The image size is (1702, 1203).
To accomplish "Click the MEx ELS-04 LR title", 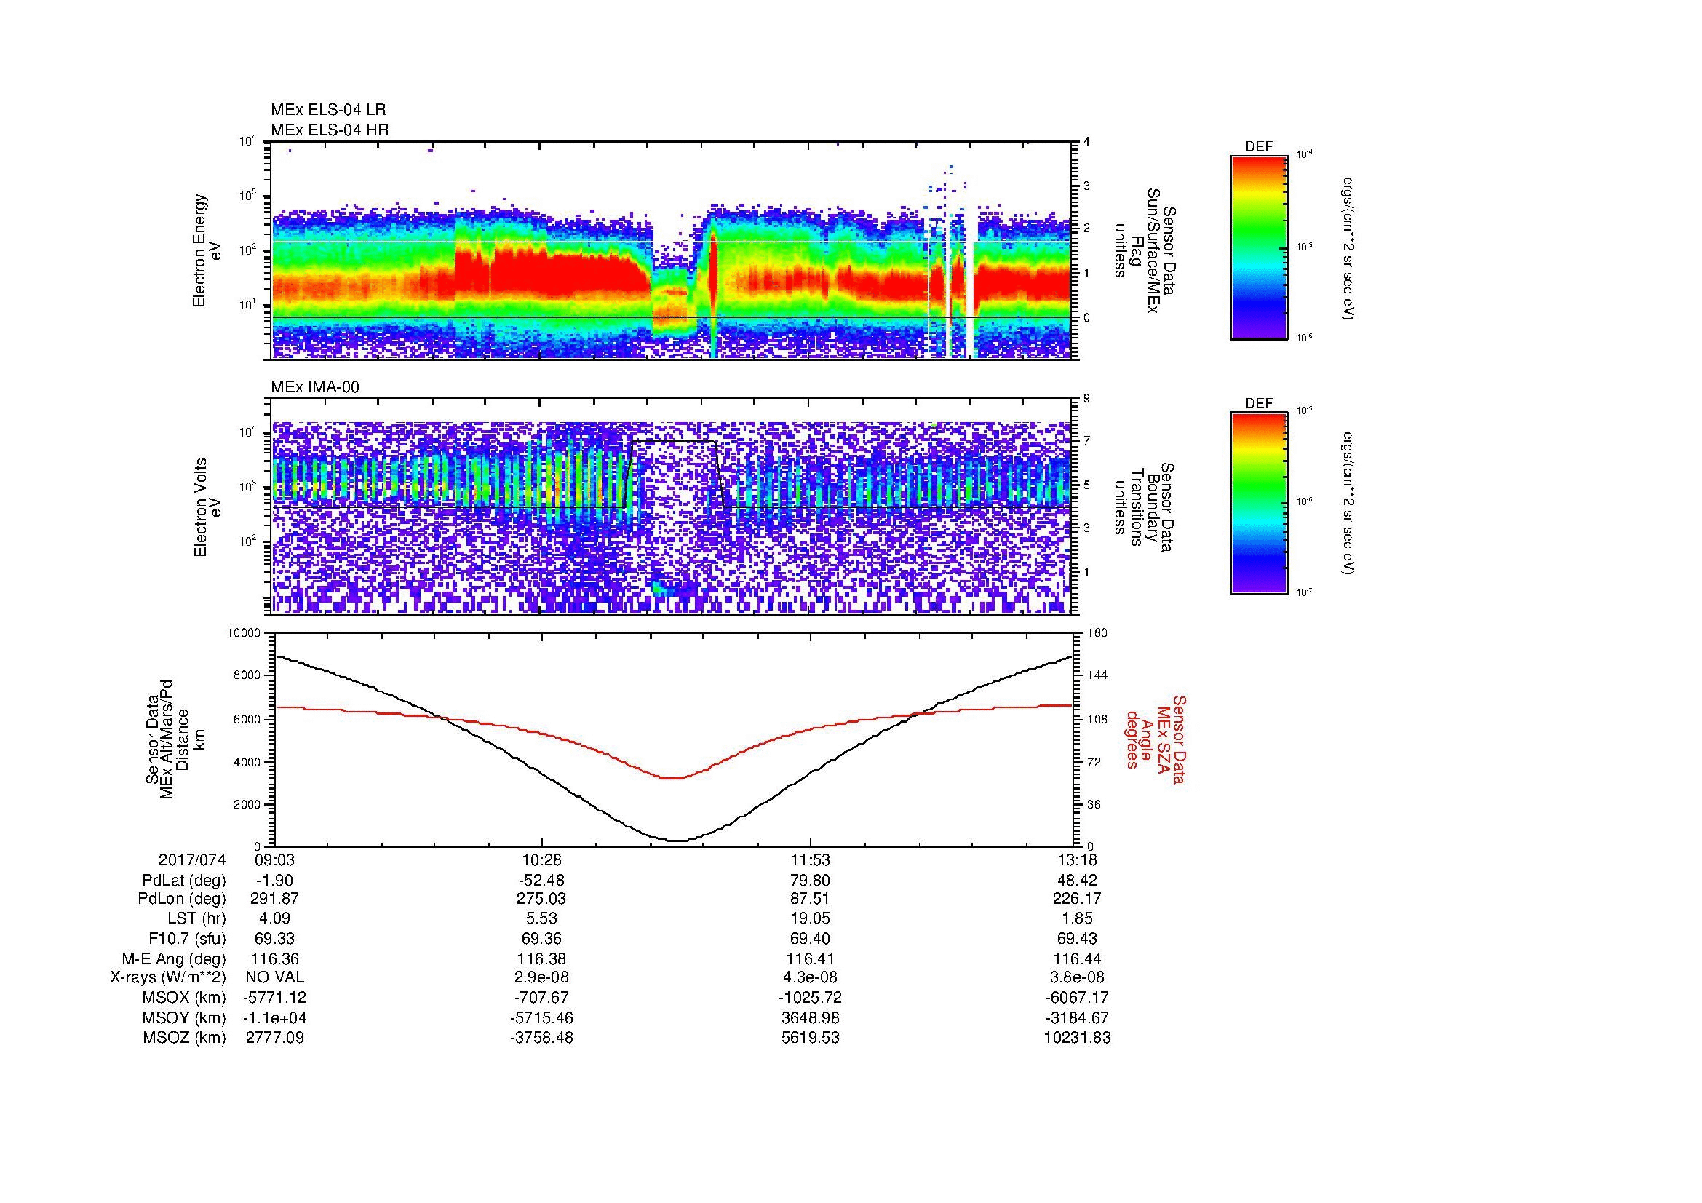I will click(327, 110).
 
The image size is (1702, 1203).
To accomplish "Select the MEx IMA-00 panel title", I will click(314, 387).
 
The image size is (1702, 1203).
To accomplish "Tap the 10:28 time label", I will click(541, 859).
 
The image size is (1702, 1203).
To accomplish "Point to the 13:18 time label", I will click(1074, 859).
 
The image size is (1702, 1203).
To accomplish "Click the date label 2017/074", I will click(191, 859).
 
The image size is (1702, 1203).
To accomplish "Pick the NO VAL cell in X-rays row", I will click(274, 977).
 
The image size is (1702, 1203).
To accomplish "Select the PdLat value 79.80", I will click(810, 881).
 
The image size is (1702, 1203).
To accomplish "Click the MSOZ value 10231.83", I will click(1077, 1038).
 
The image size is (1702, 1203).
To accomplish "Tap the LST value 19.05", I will click(810, 918).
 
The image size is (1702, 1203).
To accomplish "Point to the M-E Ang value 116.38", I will click(541, 958).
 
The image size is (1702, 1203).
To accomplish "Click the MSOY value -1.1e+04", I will click(274, 1017).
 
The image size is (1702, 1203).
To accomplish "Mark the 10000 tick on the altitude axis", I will click(244, 633).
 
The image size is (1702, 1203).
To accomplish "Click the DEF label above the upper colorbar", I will click(1258, 147).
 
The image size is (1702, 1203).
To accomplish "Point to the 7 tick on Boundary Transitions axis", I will click(1086, 441).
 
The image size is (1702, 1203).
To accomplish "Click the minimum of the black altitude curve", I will click(677, 841).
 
